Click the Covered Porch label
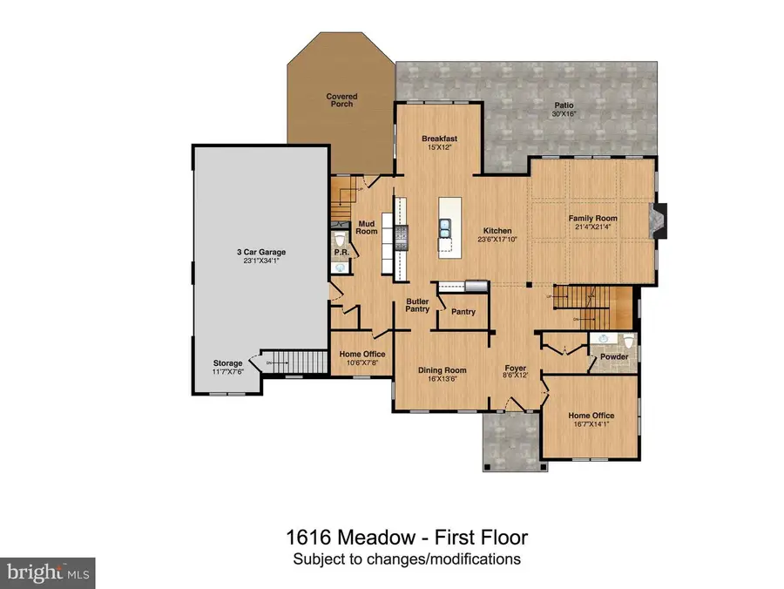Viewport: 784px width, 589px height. pyautogui.click(x=341, y=100)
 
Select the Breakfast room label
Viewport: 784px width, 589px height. pyautogui.click(x=439, y=139)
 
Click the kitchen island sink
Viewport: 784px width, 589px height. pyautogui.click(x=445, y=228)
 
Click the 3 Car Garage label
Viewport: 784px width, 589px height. pyautogui.click(x=261, y=252)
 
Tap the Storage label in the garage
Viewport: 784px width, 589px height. pyautogui.click(x=227, y=363)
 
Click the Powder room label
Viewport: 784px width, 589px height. pyautogui.click(x=614, y=355)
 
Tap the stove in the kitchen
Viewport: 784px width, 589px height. pyautogui.click(x=402, y=233)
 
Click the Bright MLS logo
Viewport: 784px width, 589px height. pyautogui.click(x=48, y=572)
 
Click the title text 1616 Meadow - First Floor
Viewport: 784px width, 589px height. pyautogui.click(x=407, y=538)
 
